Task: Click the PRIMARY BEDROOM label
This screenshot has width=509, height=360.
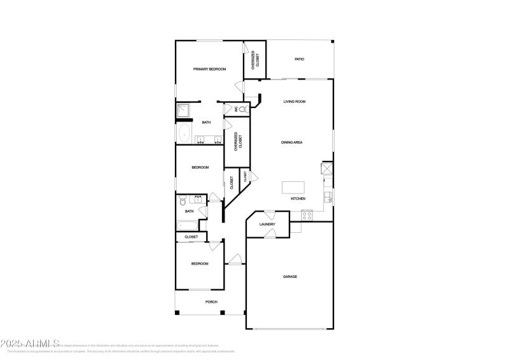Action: click(209, 69)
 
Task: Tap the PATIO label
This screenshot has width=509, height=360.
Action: click(299, 59)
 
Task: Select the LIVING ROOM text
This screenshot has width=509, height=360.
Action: click(295, 102)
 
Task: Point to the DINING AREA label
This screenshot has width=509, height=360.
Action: click(291, 142)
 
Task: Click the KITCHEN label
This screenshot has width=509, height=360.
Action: click(298, 199)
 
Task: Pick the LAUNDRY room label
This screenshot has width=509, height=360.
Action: click(267, 225)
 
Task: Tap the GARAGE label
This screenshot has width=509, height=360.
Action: click(290, 277)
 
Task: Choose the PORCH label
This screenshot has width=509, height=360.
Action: click(211, 302)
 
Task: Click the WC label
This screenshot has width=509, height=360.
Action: click(236, 109)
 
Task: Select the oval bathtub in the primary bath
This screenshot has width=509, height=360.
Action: click(185, 134)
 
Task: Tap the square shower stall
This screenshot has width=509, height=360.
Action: click(184, 111)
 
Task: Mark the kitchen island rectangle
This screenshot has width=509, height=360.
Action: click(294, 188)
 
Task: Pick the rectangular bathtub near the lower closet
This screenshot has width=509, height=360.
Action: click(188, 225)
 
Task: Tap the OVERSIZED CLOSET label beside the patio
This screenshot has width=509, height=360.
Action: click(255, 59)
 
